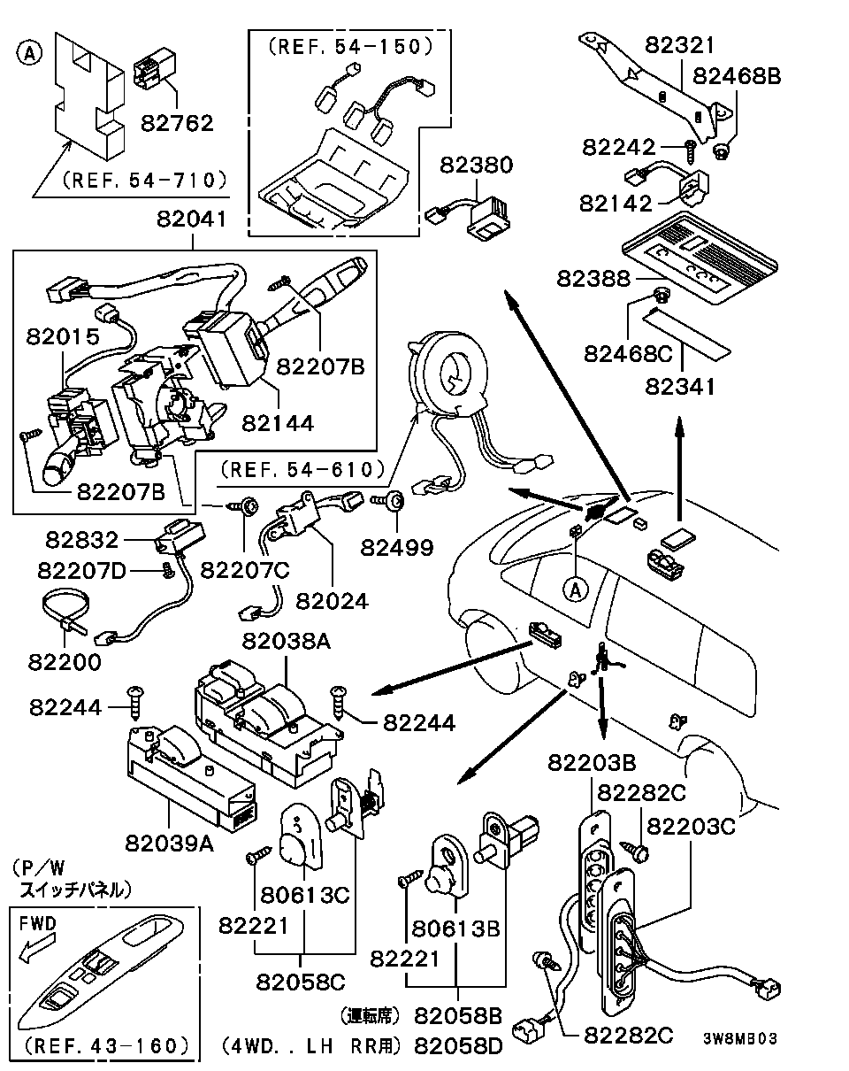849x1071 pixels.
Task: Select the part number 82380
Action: (478, 166)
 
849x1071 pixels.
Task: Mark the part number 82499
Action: (397, 547)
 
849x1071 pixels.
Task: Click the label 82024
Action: (332, 601)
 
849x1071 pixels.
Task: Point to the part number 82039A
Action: (169, 843)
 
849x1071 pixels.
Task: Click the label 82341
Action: (682, 387)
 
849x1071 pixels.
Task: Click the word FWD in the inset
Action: (38, 923)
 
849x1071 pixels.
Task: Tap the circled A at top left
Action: (29, 54)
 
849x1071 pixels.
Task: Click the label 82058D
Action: (458, 1046)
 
